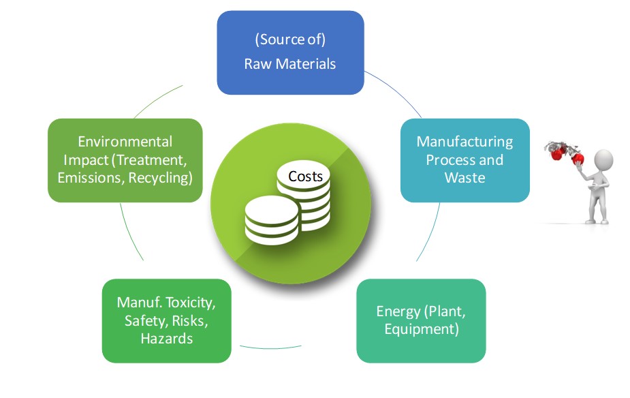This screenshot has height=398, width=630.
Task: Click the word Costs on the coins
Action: (305, 177)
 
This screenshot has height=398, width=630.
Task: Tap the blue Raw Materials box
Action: (290, 52)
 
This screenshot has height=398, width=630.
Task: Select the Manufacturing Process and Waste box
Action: (464, 160)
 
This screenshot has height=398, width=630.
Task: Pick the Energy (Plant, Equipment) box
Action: (420, 320)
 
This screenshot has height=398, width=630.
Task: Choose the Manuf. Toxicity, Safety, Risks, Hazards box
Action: (166, 320)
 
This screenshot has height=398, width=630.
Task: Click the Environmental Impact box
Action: (125, 160)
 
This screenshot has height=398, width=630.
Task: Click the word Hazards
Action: (166, 338)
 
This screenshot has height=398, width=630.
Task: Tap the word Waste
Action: (464, 178)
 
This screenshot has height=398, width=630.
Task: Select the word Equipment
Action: (421, 330)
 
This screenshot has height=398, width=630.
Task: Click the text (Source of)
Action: (289, 40)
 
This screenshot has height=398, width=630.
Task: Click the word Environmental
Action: (125, 142)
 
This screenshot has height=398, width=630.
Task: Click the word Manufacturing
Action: (464, 142)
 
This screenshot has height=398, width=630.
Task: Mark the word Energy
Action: (398, 311)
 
